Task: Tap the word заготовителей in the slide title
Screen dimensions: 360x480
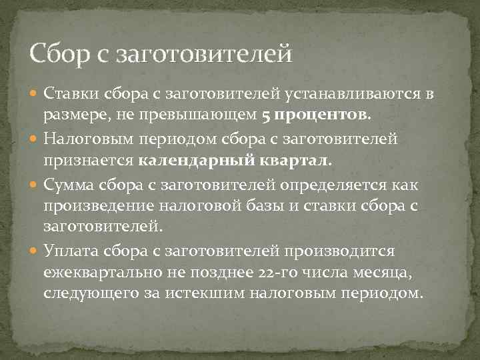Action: [204, 53]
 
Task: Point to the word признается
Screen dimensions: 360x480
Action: [90, 161]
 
